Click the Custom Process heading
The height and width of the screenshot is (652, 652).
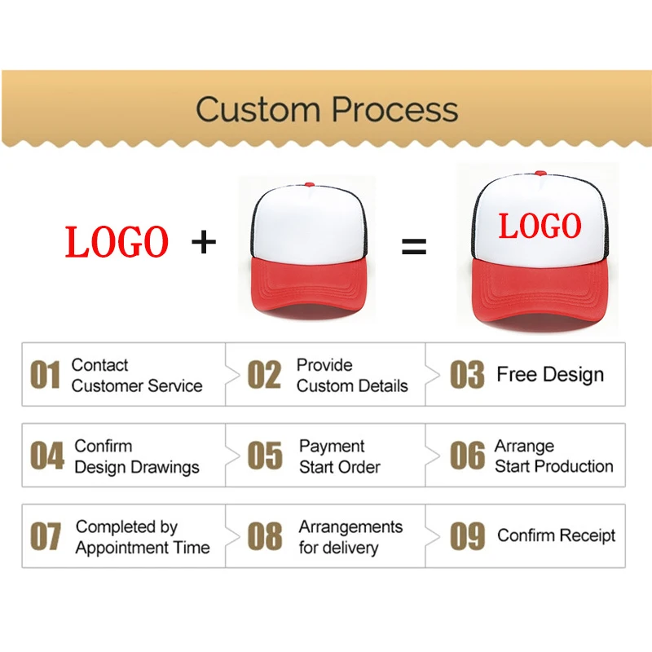click(326, 109)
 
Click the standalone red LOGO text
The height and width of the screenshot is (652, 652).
click(117, 242)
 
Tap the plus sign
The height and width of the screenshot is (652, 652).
click(204, 241)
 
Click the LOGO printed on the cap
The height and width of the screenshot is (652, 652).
click(540, 226)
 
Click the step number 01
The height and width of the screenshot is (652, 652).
click(46, 376)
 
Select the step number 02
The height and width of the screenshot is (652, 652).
click(264, 376)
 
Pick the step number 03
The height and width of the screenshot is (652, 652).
click(467, 376)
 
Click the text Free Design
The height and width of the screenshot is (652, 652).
click(550, 375)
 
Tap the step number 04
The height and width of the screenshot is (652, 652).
click(46, 456)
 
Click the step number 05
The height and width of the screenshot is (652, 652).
click(265, 456)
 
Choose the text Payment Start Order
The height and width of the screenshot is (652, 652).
click(339, 456)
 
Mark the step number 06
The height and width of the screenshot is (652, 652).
click(467, 456)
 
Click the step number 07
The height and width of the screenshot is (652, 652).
click(46, 537)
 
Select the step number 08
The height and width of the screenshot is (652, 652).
click(265, 537)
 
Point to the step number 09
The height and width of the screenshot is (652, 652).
click(468, 537)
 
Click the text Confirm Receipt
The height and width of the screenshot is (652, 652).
click(556, 536)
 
